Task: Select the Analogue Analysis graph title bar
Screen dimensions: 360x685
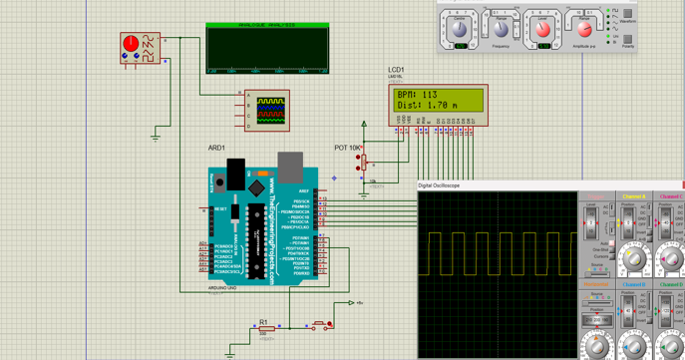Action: click(x=267, y=25)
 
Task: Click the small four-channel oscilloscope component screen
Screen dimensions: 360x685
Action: click(x=270, y=108)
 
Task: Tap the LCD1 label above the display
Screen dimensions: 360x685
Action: click(x=396, y=71)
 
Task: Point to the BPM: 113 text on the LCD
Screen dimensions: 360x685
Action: click(x=418, y=95)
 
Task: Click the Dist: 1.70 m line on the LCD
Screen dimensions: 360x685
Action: click(x=428, y=105)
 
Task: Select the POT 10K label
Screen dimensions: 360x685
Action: click(x=347, y=148)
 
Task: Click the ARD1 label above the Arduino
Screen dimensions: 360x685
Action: click(x=216, y=148)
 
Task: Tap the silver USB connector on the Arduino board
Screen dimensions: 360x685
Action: click(x=290, y=168)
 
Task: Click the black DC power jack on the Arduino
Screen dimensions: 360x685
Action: click(x=235, y=172)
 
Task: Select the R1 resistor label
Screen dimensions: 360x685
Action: click(x=264, y=322)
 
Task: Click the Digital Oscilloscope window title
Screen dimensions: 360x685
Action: click(x=439, y=185)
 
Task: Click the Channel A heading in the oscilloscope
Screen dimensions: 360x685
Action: click(x=633, y=196)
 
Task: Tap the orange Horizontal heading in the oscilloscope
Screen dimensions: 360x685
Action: click(x=595, y=284)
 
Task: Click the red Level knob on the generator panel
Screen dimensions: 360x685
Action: click(x=543, y=28)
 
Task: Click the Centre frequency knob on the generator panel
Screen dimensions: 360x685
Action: click(x=460, y=28)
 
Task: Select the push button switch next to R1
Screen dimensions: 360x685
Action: click(x=320, y=324)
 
